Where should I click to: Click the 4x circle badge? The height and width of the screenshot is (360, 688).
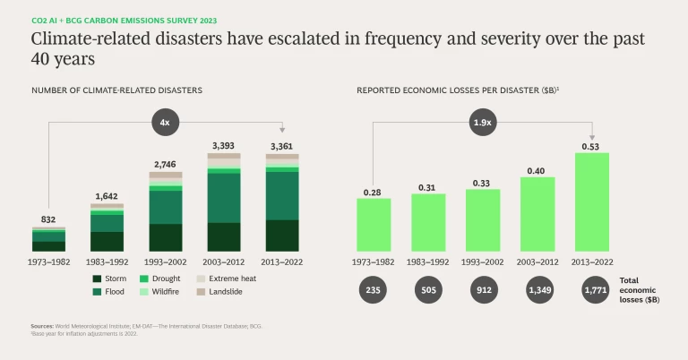tap(166, 123)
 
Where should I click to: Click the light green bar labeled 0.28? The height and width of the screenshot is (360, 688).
tap(374, 224)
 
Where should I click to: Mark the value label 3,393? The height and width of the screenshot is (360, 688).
tap(224, 145)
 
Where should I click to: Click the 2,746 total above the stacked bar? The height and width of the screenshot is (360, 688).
tap(166, 164)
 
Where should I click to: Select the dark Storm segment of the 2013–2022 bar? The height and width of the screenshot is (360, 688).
tap(282, 236)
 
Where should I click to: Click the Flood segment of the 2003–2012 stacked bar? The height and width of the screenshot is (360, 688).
tap(224, 197)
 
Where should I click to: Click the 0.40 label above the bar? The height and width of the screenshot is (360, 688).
tap(537, 170)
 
